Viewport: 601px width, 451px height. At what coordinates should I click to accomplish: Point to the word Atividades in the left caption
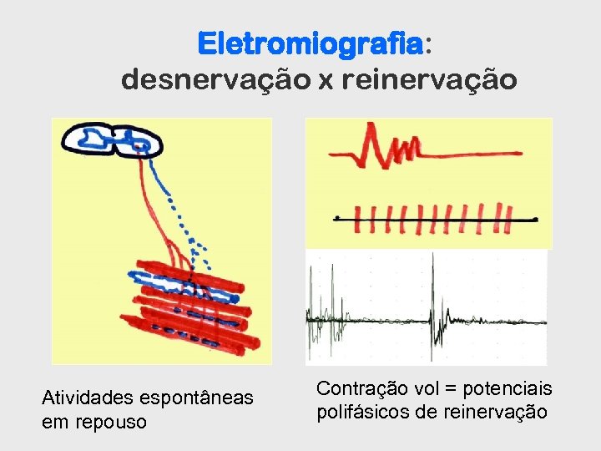point(87,398)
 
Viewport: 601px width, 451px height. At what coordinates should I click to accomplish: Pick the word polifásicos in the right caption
point(364,412)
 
